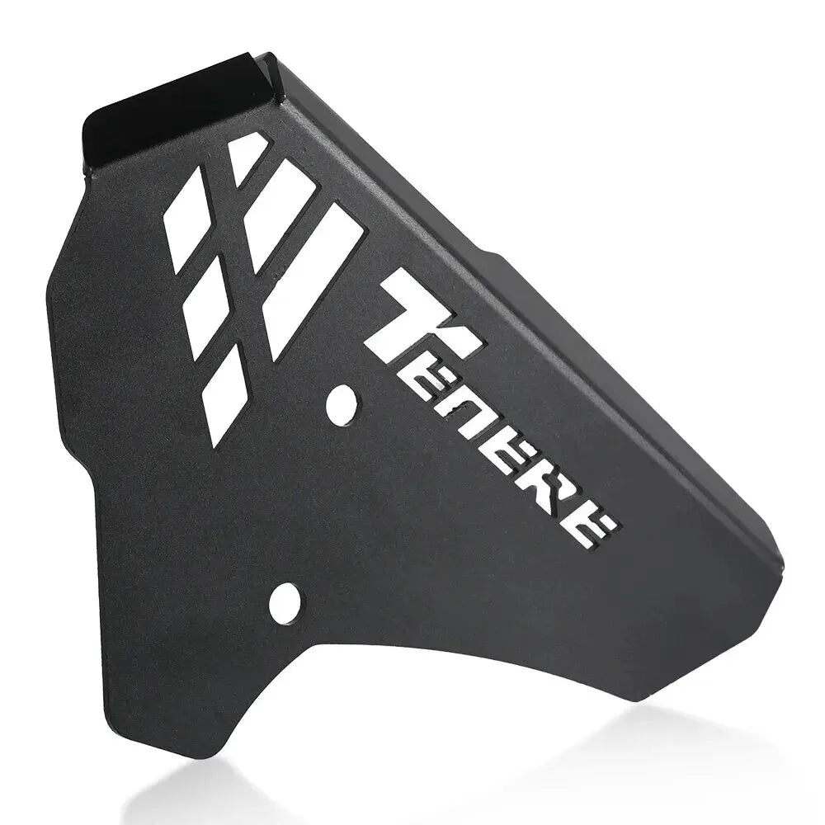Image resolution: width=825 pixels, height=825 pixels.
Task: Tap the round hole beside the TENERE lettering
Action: coord(342,404)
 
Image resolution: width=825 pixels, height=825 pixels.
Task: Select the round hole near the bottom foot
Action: coord(286,601)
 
